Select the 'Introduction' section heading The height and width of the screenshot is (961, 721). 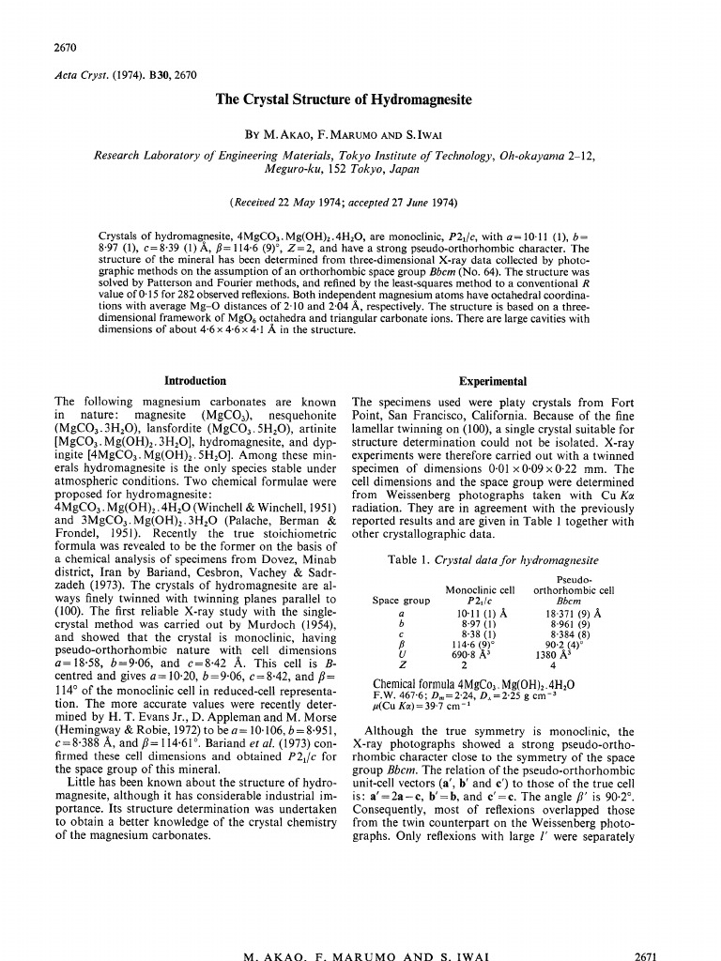tap(195, 381)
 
